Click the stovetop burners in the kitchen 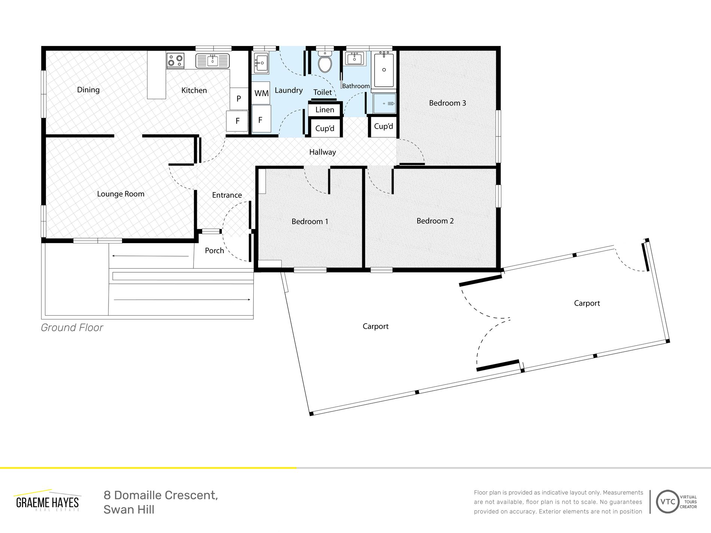176,60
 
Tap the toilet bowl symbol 325,62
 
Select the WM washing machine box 261,93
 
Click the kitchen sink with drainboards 212,61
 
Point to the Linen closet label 325,110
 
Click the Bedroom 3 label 448,103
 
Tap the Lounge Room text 120,194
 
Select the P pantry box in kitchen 238,98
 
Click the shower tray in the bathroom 384,103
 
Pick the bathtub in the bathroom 384,70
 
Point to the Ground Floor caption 72,328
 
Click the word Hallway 323,152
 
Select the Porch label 214,251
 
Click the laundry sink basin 261,63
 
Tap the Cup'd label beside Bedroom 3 384,126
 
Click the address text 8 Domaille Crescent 161,495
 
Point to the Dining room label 88,90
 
